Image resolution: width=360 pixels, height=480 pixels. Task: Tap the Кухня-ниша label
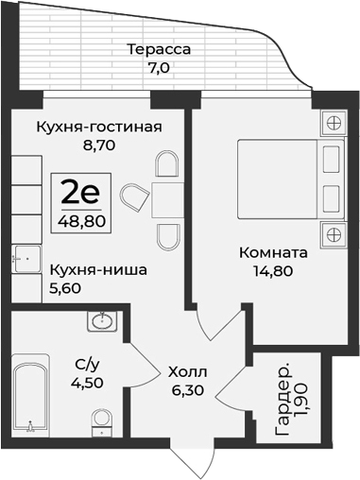click(98, 269)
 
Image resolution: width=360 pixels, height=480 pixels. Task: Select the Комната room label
click(273, 254)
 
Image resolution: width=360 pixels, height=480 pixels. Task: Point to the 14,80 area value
click(273, 274)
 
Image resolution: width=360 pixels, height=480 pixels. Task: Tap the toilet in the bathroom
click(101, 424)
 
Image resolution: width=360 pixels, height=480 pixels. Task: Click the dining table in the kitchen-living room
click(169, 199)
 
